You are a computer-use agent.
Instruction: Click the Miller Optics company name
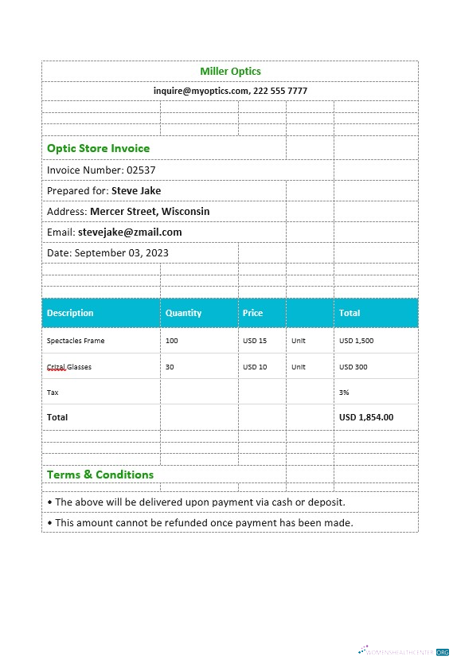pos(230,72)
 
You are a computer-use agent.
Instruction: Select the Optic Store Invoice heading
pos(98,148)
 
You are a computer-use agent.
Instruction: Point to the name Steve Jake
pos(136,190)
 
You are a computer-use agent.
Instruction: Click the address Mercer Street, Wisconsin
pos(150,211)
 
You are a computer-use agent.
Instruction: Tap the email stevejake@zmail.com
pos(130,232)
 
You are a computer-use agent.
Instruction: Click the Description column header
pos(70,313)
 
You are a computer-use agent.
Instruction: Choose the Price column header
pos(252,313)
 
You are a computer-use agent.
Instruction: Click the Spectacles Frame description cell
pos(76,341)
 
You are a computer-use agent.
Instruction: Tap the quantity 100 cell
pos(172,341)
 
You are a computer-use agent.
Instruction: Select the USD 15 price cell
pos(255,341)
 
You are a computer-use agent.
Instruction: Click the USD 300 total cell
pos(353,367)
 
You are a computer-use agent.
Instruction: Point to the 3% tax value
pos(345,393)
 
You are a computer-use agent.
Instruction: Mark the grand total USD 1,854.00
pos(366,417)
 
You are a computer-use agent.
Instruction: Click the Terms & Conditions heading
pos(100,475)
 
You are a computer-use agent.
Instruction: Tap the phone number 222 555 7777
pos(280,91)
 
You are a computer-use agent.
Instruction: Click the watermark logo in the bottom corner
pos(404,650)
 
